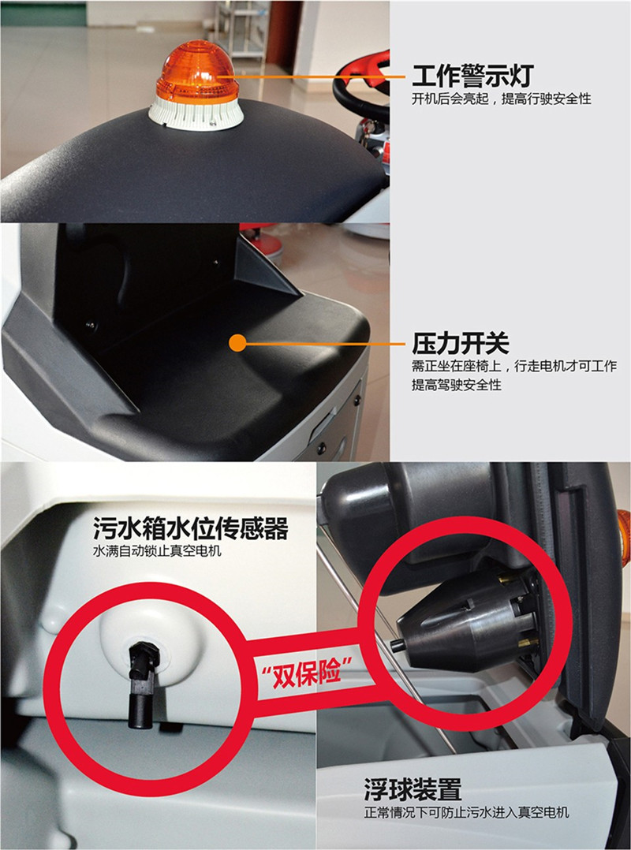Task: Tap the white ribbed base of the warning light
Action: pos(196,113)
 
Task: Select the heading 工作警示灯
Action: pos(472,76)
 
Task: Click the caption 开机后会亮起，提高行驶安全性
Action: pos(501,99)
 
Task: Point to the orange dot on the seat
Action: pos(237,342)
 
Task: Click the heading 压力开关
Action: pos(461,343)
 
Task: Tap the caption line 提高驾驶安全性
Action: pos(456,385)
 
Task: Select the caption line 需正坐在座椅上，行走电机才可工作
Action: pos(514,367)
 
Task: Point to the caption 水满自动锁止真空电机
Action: pos(157,551)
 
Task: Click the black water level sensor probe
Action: pos(142,684)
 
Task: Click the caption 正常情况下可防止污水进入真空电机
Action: pos(466,813)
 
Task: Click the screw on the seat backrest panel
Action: pos(91,326)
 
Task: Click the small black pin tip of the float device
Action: pos(397,644)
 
